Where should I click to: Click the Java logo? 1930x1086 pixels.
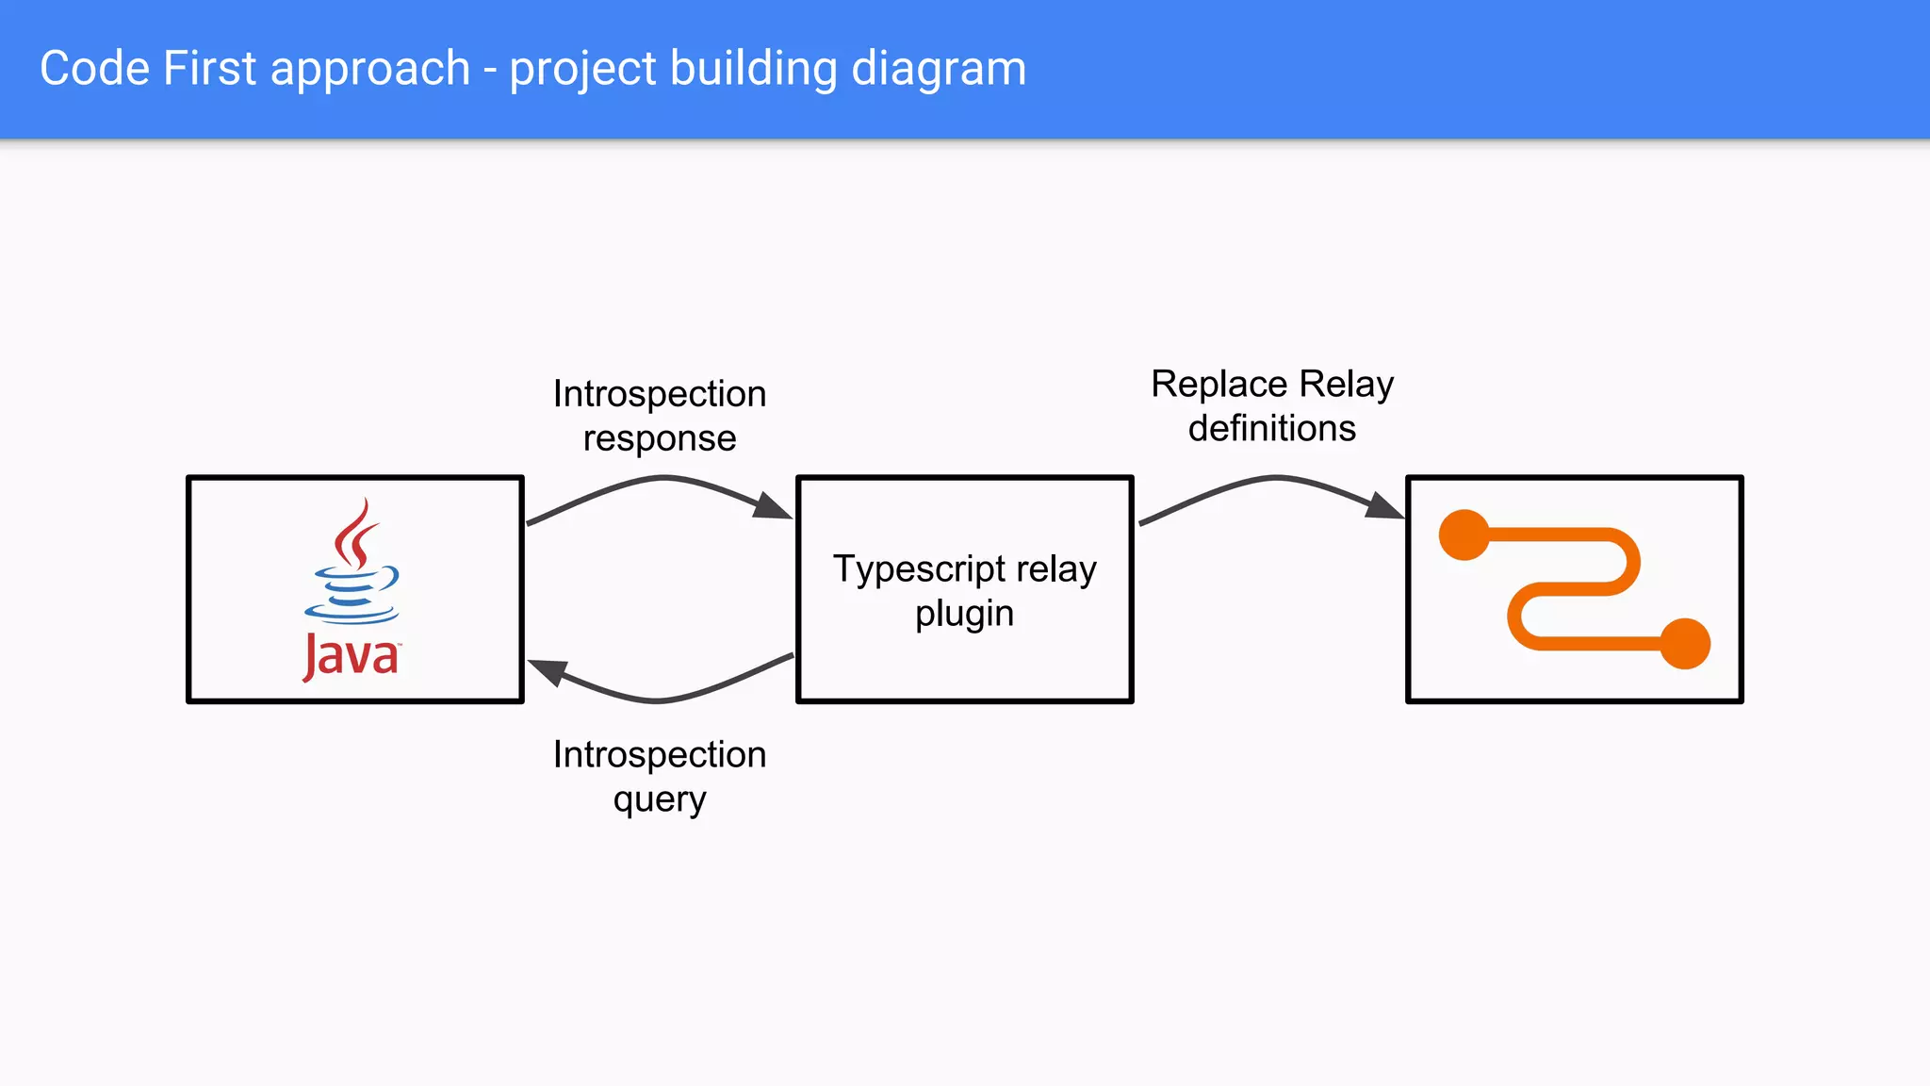pos(352,588)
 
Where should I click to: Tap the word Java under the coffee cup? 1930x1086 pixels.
pos(352,655)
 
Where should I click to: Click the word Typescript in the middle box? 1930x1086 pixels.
pos(920,569)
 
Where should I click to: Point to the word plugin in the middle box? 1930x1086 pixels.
pos(964,614)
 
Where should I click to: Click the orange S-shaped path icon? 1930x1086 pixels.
pos(1574,589)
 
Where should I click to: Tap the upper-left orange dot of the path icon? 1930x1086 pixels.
pos(1464,535)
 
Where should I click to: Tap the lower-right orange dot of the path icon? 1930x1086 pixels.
pos(1685,644)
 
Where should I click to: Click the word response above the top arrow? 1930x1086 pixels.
pos(660,438)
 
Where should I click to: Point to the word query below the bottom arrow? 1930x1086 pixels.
pos(660,800)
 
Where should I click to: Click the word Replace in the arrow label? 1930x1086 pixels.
pos(1219,385)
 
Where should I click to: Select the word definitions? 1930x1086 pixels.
pos(1272,429)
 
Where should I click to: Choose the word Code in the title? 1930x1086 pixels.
pos(94,69)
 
